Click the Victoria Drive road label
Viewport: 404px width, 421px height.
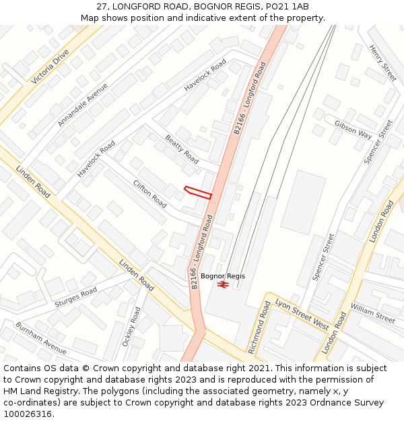click(x=50, y=66)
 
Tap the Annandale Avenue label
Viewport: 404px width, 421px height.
click(x=82, y=104)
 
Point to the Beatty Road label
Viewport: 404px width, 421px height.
click(x=182, y=149)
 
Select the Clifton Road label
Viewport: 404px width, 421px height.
click(x=149, y=193)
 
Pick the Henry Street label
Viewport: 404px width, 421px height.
click(x=382, y=63)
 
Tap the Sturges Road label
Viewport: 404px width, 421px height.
click(x=75, y=297)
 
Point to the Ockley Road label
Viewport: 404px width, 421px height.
click(x=130, y=327)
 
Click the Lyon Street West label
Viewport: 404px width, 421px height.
click(x=302, y=315)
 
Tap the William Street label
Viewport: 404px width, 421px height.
click(x=372, y=313)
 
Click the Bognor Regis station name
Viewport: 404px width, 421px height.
click(x=223, y=276)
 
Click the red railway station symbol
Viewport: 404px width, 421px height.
click(x=224, y=285)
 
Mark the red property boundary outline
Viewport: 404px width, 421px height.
click(x=198, y=192)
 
